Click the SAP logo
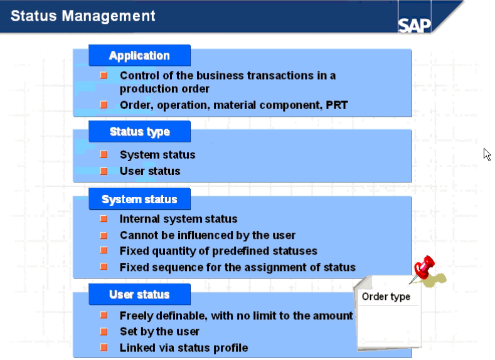point(414,25)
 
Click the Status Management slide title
point(83,16)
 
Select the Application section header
point(139,55)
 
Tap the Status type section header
point(139,132)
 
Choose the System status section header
point(139,199)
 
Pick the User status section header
point(139,294)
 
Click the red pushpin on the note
point(426,266)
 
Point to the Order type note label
point(386,297)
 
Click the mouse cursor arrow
point(487,154)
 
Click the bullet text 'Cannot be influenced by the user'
point(208,235)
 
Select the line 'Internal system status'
point(178,219)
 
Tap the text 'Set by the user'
point(159,331)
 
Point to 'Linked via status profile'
point(184,347)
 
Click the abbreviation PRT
point(336,105)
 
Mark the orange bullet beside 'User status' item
point(104,171)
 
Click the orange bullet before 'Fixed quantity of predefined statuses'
point(104,251)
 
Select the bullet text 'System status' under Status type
point(157,154)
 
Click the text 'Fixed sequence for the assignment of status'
point(237,267)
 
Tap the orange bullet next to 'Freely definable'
point(104,315)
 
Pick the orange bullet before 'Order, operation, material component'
point(104,105)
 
